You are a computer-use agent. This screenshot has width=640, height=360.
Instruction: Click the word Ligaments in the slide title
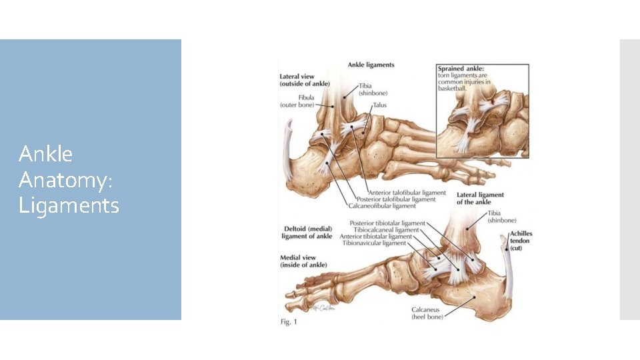[69, 205]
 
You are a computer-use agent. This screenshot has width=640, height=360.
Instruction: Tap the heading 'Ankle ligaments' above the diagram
[371, 65]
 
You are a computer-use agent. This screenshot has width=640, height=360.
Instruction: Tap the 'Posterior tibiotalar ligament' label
[387, 223]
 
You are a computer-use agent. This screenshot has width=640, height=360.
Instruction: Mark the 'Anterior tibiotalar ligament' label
[376, 237]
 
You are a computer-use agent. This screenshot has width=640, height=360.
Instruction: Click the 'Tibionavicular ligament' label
[375, 243]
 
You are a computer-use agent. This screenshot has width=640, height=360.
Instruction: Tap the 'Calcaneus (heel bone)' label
[427, 313]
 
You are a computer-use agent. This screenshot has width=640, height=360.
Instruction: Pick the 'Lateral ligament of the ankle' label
[480, 199]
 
